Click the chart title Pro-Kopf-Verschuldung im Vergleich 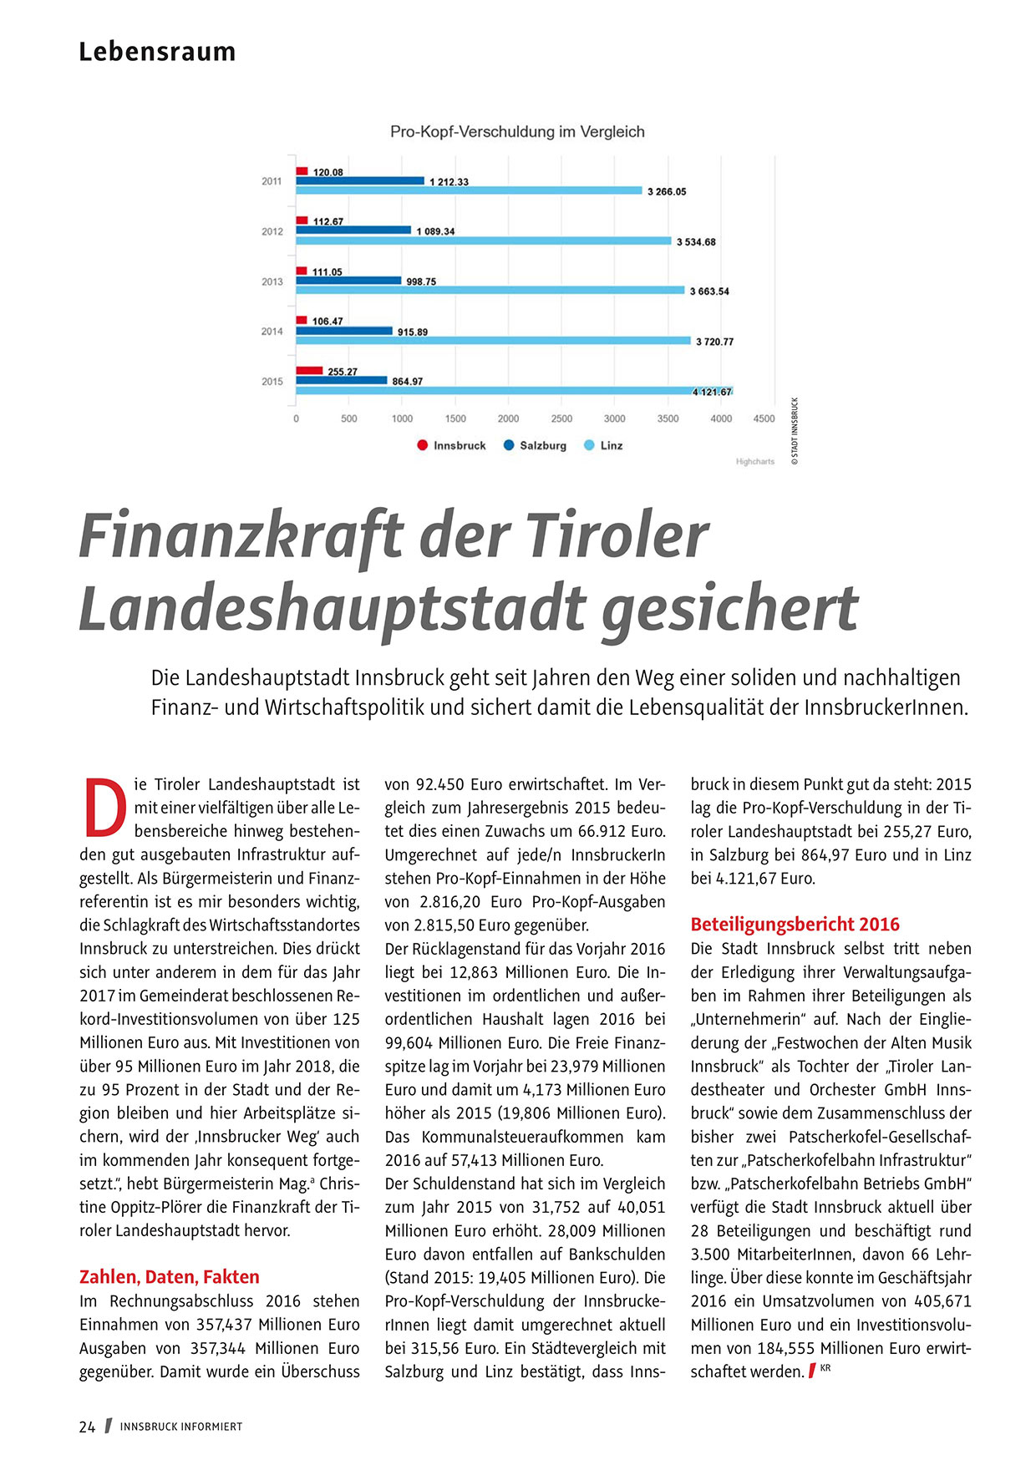click(517, 132)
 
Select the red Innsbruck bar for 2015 click(309, 370)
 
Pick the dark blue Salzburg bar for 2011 click(360, 180)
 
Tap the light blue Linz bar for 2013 click(490, 291)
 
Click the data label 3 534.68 click(696, 242)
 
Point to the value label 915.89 click(413, 332)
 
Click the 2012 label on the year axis click(272, 231)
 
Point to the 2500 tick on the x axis click(561, 418)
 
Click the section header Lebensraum click(157, 52)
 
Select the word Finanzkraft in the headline click(241, 536)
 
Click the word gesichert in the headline click(729, 608)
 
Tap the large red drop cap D click(105, 808)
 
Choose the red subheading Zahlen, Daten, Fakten click(170, 1276)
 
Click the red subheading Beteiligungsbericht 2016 click(795, 924)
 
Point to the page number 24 click(87, 1427)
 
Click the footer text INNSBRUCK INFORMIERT click(181, 1427)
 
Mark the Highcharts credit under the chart click(754, 462)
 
